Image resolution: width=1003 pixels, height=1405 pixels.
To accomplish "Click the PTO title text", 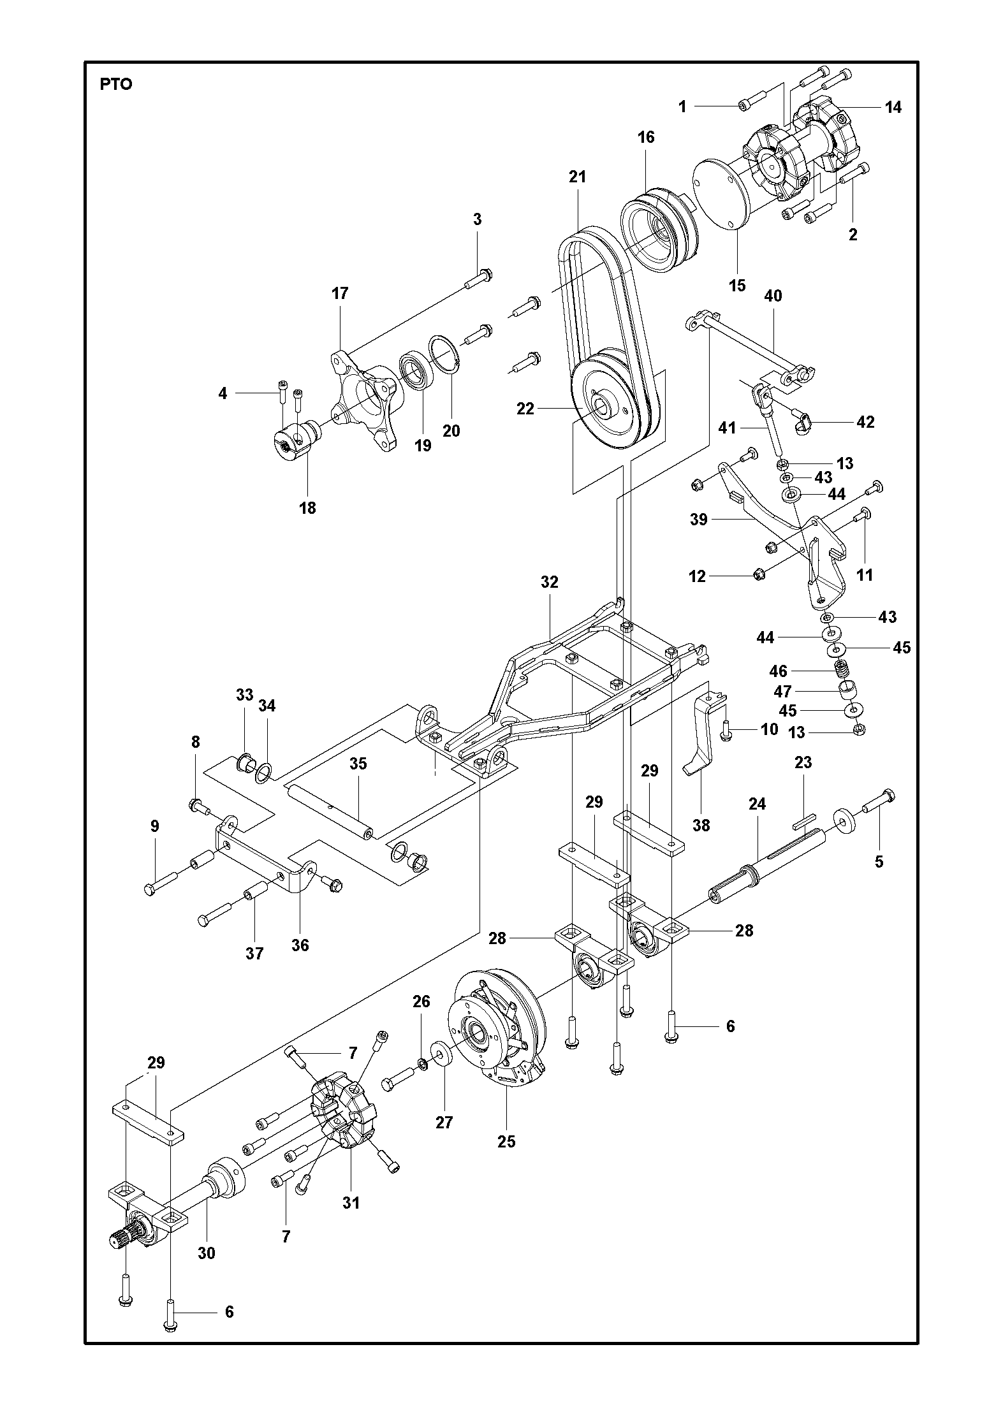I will coord(115,84).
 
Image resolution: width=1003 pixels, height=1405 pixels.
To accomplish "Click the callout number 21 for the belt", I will coord(577,177).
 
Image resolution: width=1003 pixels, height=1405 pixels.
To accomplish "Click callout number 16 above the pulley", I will coord(645,137).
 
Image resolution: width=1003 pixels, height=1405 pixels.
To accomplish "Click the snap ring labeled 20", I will coord(444,354).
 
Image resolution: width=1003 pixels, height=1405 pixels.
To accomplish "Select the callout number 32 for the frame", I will coord(549,581).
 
